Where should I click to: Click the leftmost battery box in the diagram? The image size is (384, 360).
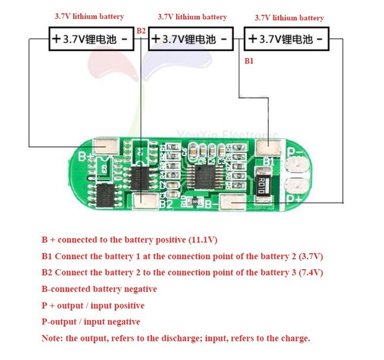pyautogui.click(x=91, y=39)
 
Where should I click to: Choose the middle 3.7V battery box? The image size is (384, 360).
pyautogui.click(x=191, y=39)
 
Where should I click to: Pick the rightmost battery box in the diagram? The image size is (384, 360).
pyautogui.click(x=287, y=39)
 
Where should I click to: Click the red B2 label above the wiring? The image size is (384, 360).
pyautogui.click(x=141, y=31)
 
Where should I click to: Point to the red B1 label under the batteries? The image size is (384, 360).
pyautogui.click(x=249, y=61)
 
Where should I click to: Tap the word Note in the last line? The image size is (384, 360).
pyautogui.click(x=51, y=338)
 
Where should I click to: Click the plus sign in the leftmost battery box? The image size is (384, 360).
pyautogui.click(x=56, y=39)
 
